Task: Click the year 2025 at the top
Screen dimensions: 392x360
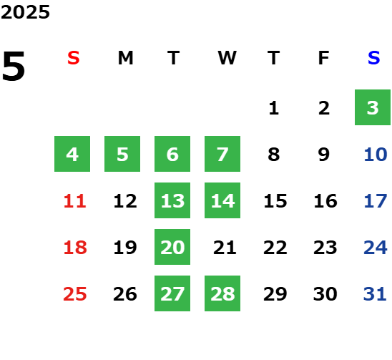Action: tap(25, 12)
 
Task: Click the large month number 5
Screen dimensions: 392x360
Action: tap(14, 66)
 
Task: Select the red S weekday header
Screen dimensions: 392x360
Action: tap(74, 58)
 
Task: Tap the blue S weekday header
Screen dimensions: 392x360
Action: tap(373, 58)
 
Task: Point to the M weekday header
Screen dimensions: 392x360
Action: tap(125, 58)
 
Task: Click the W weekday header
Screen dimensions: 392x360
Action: tap(227, 58)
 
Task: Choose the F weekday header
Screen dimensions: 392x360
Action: tap(324, 58)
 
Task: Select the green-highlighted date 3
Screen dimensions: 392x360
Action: tap(373, 107)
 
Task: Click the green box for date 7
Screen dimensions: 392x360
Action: tap(222, 154)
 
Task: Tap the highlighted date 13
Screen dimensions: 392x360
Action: tap(172, 200)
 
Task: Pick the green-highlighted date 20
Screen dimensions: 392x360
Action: tap(172, 247)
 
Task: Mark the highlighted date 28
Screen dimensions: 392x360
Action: tap(222, 293)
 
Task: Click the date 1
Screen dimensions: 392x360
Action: tap(274, 108)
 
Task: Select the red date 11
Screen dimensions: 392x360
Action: tap(75, 201)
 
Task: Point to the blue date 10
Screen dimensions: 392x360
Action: tap(376, 155)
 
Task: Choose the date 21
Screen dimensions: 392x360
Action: tap(225, 248)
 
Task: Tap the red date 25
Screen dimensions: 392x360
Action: tap(75, 294)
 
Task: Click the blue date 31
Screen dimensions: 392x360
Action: tap(375, 294)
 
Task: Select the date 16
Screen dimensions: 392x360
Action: tap(325, 201)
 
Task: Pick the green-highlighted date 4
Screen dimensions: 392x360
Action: tap(72, 154)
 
